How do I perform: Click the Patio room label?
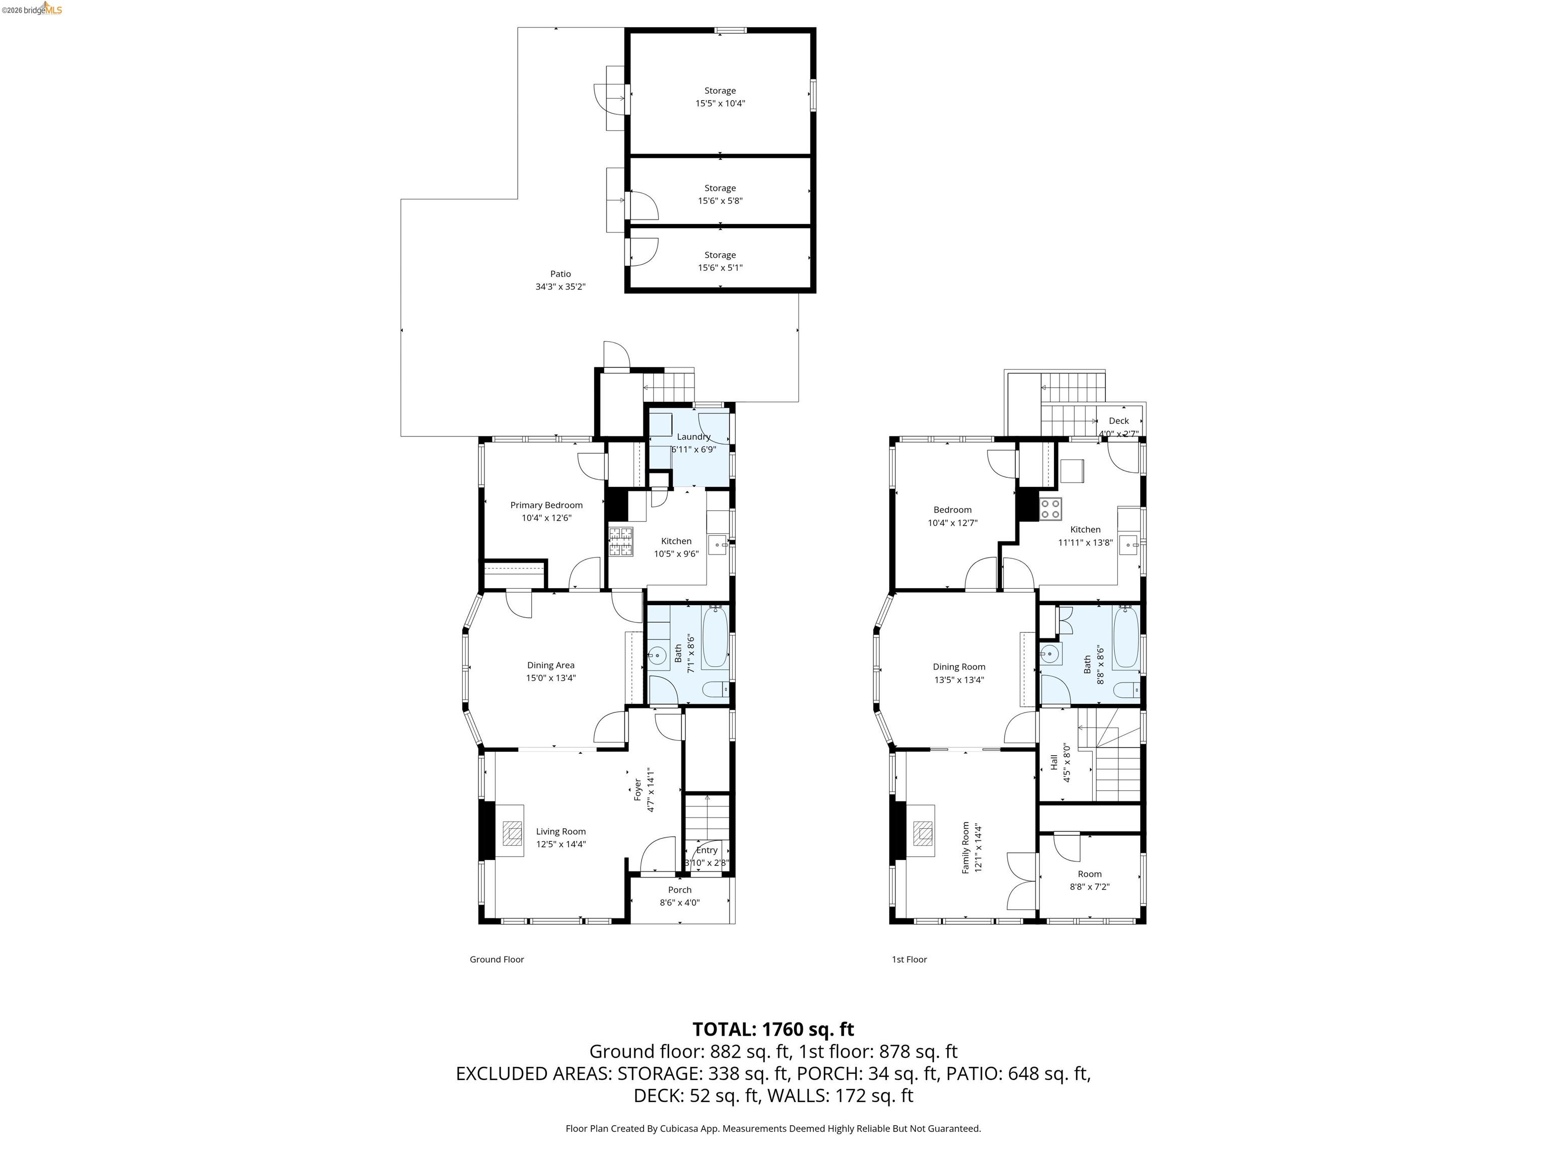[x=560, y=274]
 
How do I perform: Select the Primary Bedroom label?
[x=546, y=505]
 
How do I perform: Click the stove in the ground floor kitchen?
[x=620, y=542]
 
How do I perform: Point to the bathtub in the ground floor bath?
[x=715, y=637]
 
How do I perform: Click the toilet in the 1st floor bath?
[x=1126, y=690]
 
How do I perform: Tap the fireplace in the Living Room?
[x=513, y=830]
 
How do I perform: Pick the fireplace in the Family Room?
[x=923, y=830]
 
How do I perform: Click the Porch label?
[x=679, y=890]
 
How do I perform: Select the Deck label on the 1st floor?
[x=1118, y=421]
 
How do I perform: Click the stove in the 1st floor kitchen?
[x=1050, y=509]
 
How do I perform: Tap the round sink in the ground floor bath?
[x=656, y=655]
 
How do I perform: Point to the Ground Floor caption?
[x=497, y=959]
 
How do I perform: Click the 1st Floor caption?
[x=909, y=959]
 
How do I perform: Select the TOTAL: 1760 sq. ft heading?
[x=773, y=1029]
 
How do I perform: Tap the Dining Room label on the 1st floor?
[x=959, y=667]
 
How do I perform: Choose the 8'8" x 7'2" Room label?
[x=1090, y=880]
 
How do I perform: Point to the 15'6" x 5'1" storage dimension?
[x=720, y=268]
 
